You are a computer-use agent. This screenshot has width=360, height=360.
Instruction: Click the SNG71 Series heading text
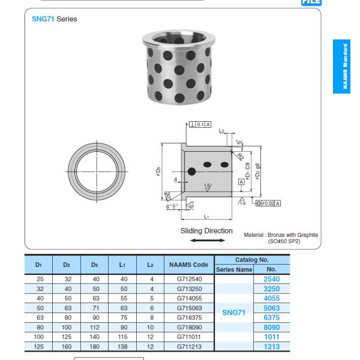[54, 19]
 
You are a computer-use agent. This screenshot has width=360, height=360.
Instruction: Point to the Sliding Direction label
[206, 230]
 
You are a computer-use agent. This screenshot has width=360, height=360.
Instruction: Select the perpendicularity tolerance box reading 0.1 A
[200, 125]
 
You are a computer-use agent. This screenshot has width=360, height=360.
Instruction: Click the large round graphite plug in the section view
[192, 172]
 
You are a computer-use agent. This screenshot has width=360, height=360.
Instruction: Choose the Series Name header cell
[234, 269]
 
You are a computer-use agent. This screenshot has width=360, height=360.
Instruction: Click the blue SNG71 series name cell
[234, 313]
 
